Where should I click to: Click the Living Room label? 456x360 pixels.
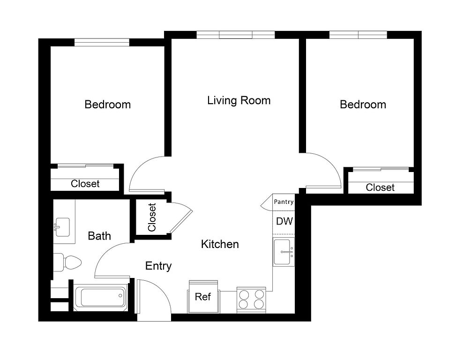pyautogui.click(x=239, y=101)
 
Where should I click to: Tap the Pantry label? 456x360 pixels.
pyautogui.click(x=284, y=202)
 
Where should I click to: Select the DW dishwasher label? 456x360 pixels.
pyautogui.click(x=284, y=221)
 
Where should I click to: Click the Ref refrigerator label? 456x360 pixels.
pyautogui.click(x=203, y=297)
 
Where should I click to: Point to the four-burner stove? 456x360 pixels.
pyautogui.click(x=251, y=300)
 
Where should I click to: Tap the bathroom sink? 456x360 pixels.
pyautogui.click(x=62, y=227)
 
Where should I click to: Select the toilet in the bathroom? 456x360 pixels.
pyautogui.click(x=67, y=262)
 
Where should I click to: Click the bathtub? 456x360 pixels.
pyautogui.click(x=100, y=297)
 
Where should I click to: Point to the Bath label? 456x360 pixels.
pyautogui.click(x=99, y=236)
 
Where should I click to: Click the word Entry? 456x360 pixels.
pyautogui.click(x=158, y=266)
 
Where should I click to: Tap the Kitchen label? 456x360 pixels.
pyautogui.click(x=220, y=244)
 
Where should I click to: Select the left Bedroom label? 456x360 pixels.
pyautogui.click(x=108, y=105)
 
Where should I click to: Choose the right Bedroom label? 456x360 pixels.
pyautogui.click(x=363, y=105)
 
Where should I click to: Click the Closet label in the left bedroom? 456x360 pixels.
pyautogui.click(x=85, y=184)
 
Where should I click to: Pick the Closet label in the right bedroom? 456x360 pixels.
pyautogui.click(x=380, y=187)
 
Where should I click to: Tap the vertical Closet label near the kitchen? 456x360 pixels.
pyautogui.click(x=152, y=217)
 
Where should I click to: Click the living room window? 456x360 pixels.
pyautogui.click(x=236, y=35)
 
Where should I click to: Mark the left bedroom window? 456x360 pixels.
pyautogui.click(x=102, y=43)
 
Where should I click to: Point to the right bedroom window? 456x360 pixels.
pyautogui.click(x=358, y=35)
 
